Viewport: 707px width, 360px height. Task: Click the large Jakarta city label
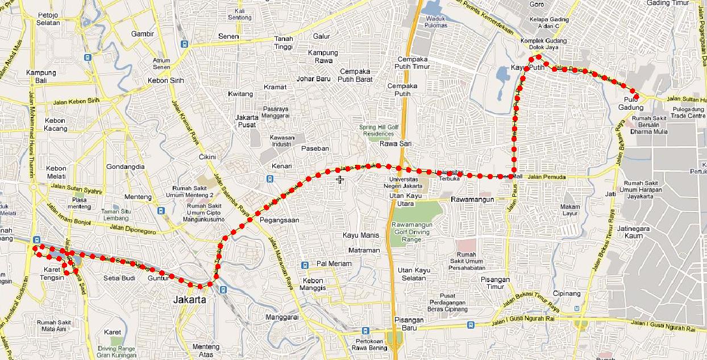(x=190, y=299)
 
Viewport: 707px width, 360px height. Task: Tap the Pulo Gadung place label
(x=631, y=104)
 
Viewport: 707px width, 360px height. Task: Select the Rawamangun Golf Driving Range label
(x=414, y=232)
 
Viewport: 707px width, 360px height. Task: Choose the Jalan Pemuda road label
(x=547, y=177)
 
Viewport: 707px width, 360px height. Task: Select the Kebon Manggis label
(x=313, y=284)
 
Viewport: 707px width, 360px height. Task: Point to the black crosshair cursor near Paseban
(x=340, y=180)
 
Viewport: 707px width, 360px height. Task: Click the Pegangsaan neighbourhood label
(x=279, y=220)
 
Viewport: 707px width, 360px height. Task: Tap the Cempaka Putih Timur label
(x=413, y=63)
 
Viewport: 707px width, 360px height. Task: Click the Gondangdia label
(x=126, y=167)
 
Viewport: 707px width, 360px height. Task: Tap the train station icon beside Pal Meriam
(x=305, y=264)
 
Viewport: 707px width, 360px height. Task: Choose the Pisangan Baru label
(x=409, y=324)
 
